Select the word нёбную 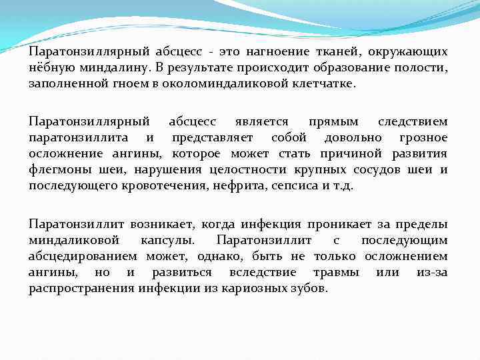[49, 68]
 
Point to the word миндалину [111, 68]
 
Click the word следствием [413, 121]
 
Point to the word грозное [423, 138]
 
